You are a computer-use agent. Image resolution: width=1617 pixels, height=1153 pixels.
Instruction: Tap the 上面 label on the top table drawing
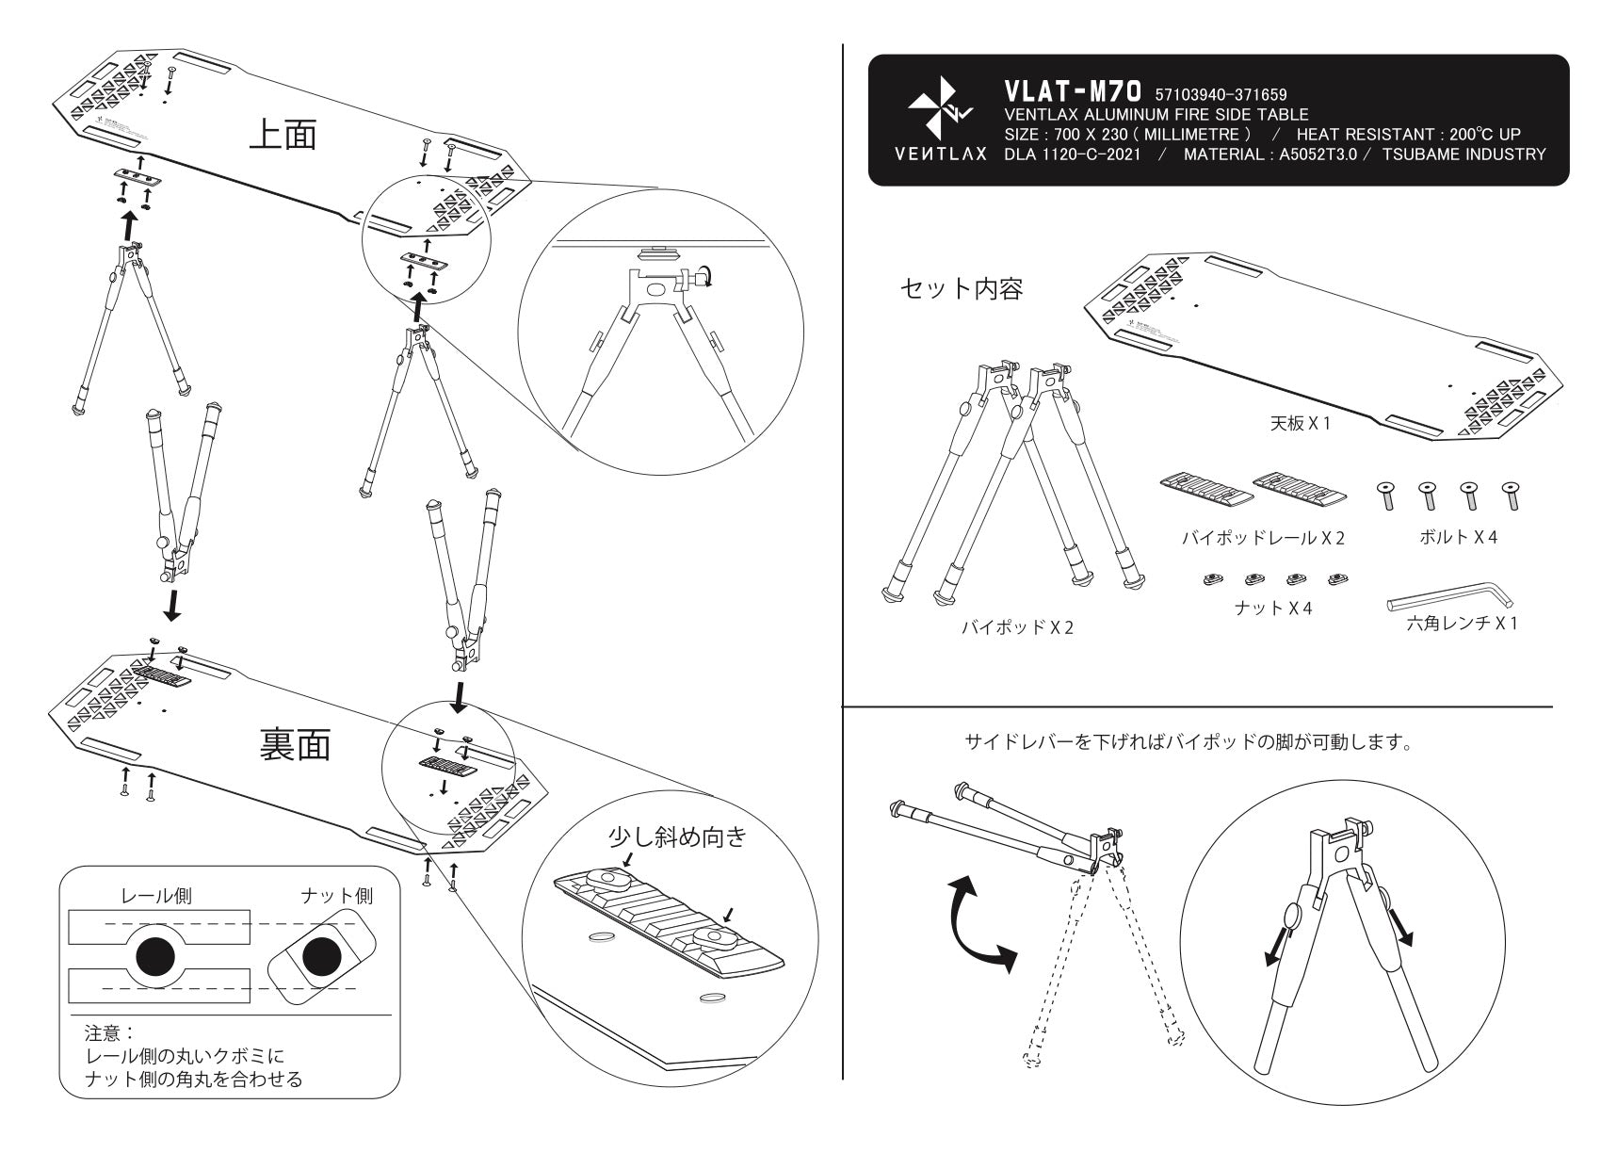point(283,135)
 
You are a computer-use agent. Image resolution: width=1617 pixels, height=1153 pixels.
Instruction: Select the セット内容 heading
point(962,288)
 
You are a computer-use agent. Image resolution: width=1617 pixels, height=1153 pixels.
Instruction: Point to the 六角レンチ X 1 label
point(1462,623)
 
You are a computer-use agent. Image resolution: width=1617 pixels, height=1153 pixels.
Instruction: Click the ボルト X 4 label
point(1458,537)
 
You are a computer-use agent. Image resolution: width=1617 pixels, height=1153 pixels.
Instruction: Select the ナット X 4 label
point(1273,608)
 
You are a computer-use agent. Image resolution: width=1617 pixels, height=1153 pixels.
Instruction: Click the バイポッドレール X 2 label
point(1263,538)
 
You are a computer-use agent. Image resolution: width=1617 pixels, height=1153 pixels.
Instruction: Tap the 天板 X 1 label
point(1300,424)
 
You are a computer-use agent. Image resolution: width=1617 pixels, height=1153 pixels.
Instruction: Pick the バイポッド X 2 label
point(1016,627)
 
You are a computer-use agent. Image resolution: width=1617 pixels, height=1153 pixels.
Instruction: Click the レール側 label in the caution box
point(155,896)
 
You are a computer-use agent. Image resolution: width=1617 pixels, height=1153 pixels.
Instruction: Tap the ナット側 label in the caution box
point(336,896)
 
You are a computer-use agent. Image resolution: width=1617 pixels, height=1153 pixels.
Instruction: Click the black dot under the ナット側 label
point(322,957)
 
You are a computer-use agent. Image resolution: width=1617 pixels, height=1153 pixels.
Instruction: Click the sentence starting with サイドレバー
point(1188,743)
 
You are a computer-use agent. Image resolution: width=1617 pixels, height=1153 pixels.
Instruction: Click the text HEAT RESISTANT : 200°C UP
point(1408,135)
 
